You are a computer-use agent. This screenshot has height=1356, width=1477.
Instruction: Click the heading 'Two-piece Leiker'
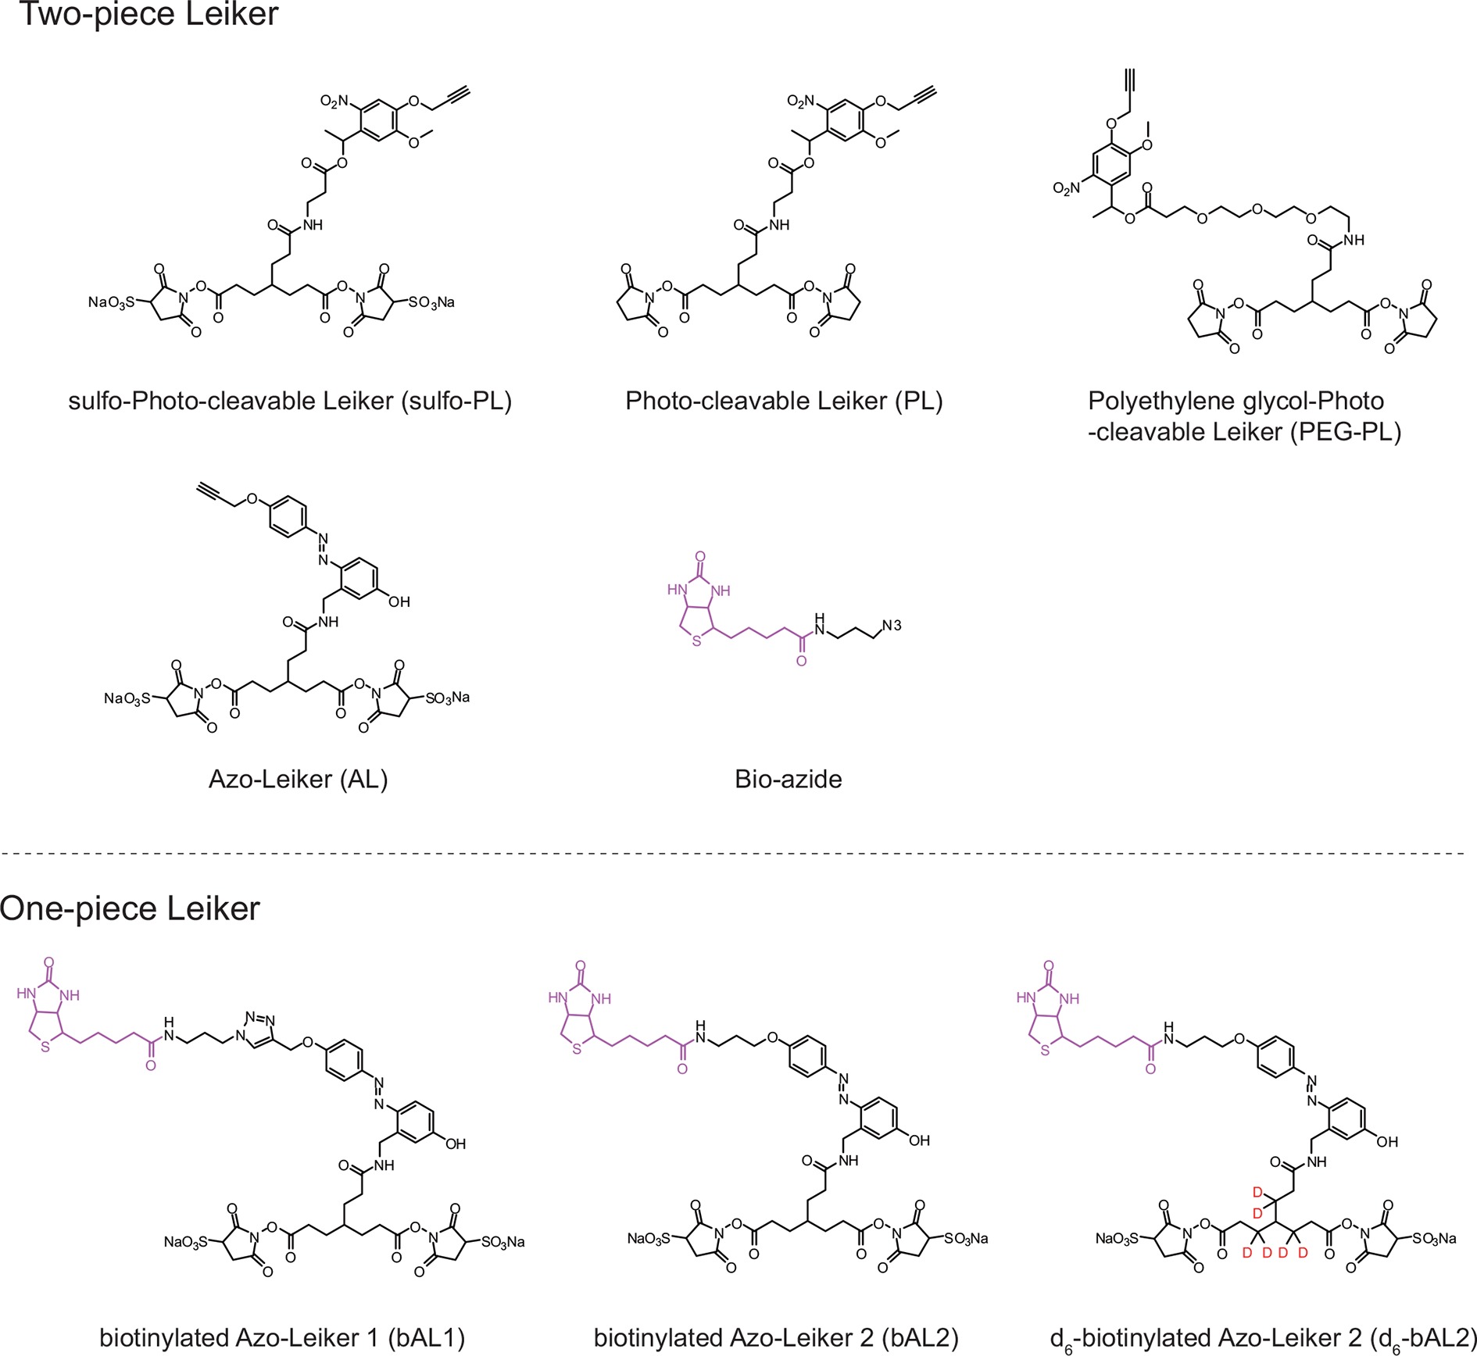[x=148, y=14]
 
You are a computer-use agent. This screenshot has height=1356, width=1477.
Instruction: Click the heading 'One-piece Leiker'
[x=130, y=908]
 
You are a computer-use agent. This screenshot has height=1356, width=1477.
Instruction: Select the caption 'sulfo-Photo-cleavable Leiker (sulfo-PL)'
[x=290, y=401]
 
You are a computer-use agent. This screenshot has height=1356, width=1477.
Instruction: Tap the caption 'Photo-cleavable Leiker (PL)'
[x=784, y=401]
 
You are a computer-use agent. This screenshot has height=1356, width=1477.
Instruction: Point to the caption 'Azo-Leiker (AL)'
[x=298, y=779]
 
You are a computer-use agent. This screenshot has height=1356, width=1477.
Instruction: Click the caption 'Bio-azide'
[x=788, y=779]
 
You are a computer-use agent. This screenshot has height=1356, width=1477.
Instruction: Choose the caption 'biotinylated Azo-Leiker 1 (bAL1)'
[x=282, y=1338]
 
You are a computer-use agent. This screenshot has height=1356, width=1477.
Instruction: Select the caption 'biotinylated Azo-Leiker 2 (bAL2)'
[x=776, y=1338]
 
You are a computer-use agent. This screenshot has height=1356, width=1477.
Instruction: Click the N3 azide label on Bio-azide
[x=892, y=625]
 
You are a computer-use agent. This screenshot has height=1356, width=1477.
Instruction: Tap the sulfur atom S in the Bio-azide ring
[x=696, y=642]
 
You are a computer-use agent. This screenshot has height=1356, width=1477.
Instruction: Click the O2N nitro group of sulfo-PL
[x=334, y=102]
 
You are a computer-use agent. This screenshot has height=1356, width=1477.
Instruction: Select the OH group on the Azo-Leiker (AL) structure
[x=399, y=601]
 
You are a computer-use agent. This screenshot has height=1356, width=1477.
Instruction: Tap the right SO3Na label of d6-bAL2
[x=1434, y=1238]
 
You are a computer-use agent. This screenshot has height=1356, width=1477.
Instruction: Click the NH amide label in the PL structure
[x=779, y=225]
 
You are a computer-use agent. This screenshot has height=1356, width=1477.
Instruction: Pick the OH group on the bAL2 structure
[x=919, y=1140]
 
